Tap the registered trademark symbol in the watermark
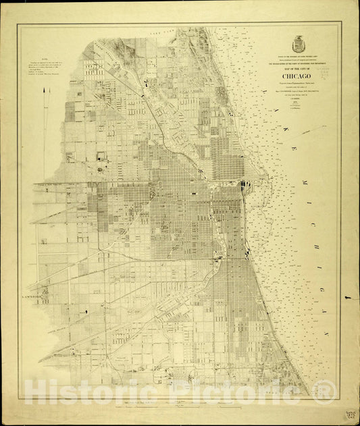326,390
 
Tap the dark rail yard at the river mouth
245,184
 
